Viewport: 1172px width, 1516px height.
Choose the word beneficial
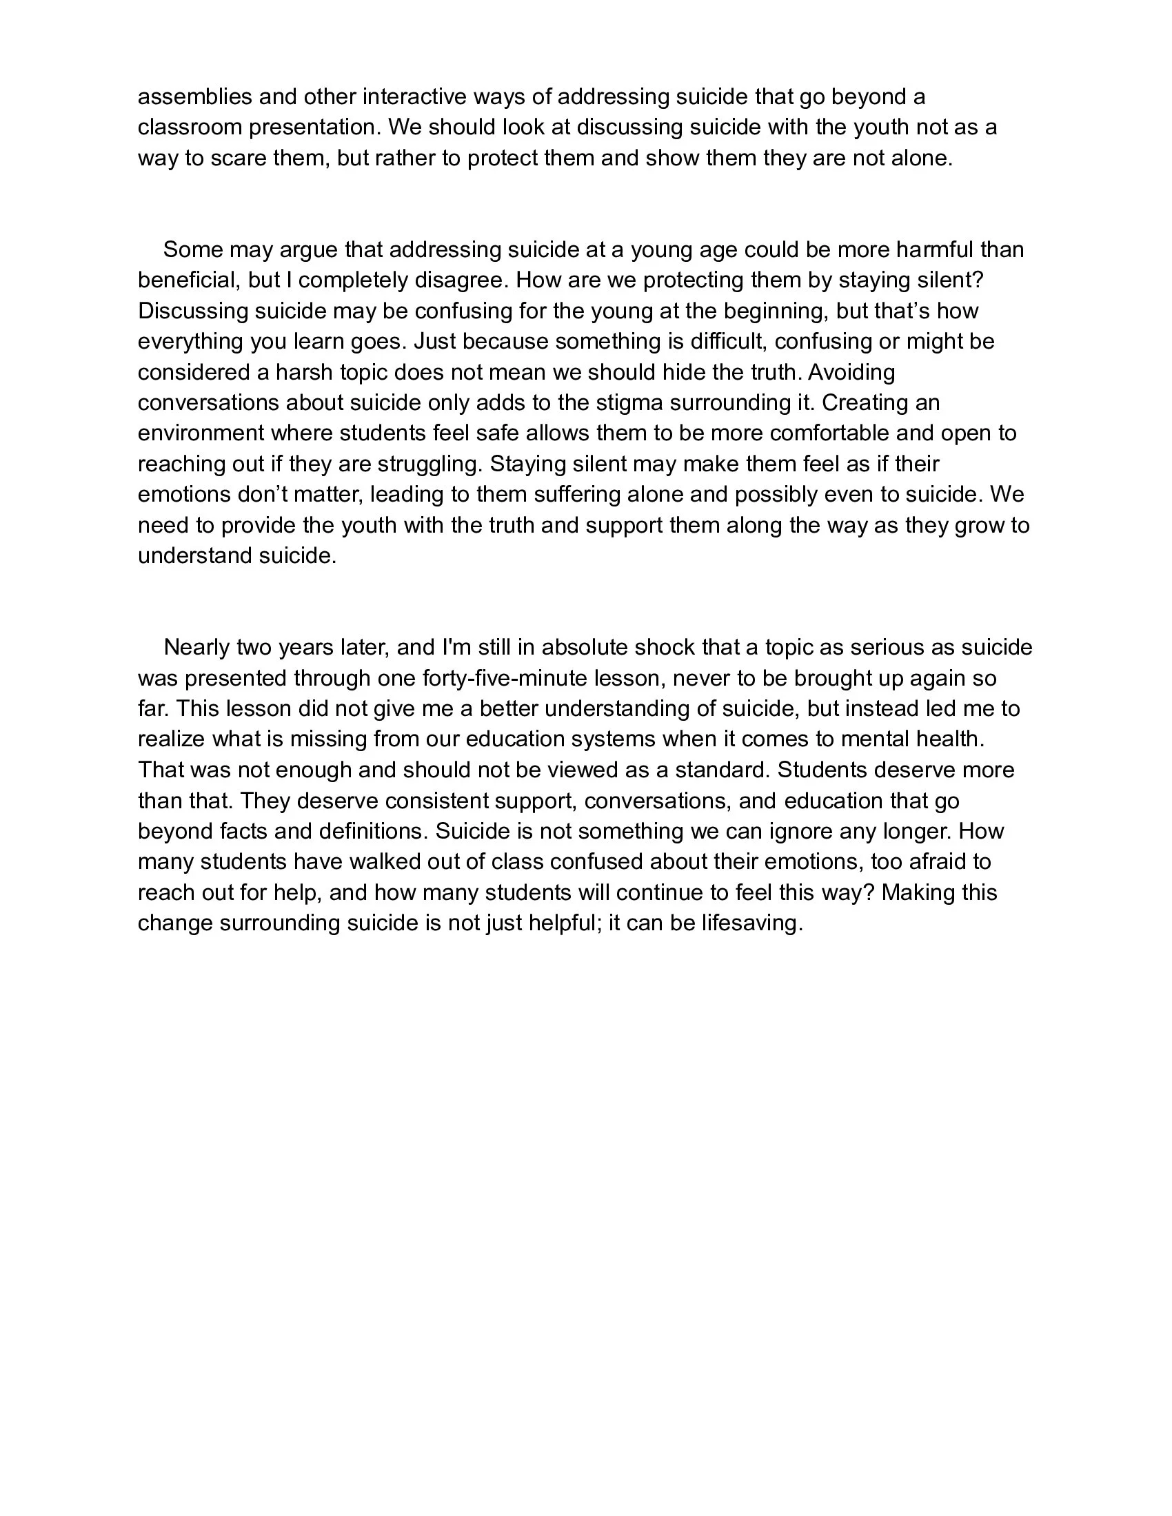(190, 280)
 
